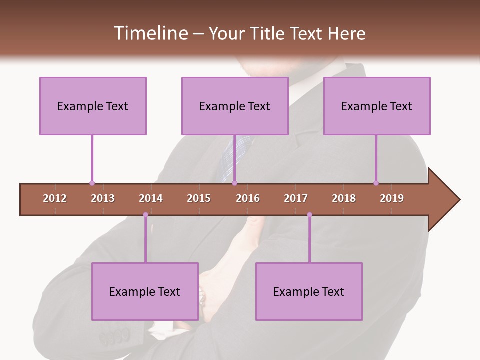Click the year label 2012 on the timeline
(x=55, y=198)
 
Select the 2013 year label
(x=103, y=198)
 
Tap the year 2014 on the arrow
(x=151, y=198)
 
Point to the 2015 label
(x=199, y=198)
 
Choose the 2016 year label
(x=248, y=198)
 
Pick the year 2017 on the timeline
(x=296, y=198)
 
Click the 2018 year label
(x=344, y=198)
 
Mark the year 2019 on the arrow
(x=392, y=198)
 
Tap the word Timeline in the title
(x=150, y=33)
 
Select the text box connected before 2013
(x=93, y=106)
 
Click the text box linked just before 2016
(x=235, y=106)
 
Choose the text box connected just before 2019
(x=377, y=106)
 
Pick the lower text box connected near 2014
(x=145, y=291)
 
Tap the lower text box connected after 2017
(x=309, y=291)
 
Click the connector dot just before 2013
(x=92, y=183)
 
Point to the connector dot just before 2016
(x=234, y=183)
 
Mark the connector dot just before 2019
(x=376, y=183)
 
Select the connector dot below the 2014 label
(x=145, y=215)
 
